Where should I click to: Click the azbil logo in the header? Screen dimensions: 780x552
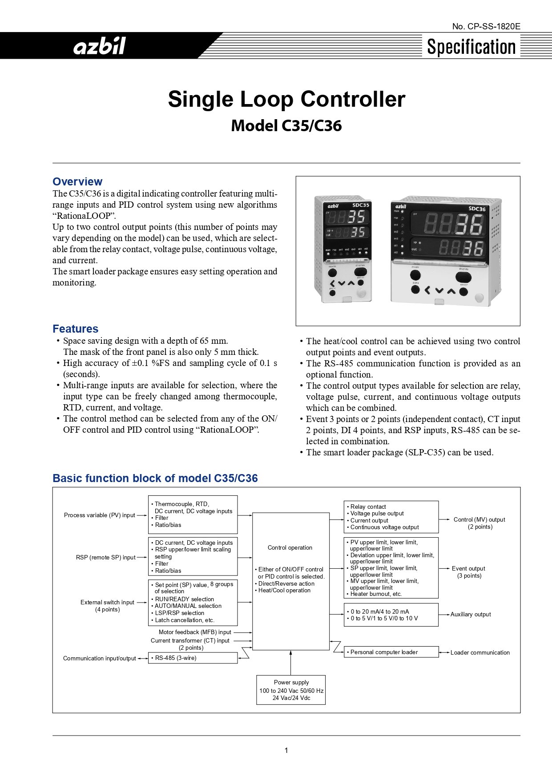pos(100,46)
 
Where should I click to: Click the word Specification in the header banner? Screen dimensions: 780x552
pos(471,47)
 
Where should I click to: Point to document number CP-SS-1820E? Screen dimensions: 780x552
pos(486,26)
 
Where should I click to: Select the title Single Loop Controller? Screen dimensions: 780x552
pos(286,99)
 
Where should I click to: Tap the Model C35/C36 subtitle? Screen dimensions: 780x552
pos(286,126)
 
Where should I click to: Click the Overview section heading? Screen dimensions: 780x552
pos(77,181)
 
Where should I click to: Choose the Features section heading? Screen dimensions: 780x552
pos(75,329)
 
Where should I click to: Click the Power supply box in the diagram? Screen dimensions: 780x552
pos(291,690)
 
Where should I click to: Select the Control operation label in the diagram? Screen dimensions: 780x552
pos(290,547)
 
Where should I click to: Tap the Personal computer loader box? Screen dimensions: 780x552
pos(391,652)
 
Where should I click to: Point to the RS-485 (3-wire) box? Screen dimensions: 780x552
pos(193,658)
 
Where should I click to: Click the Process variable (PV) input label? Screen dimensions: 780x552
pos(100,515)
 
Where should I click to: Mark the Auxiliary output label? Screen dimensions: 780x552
pos(471,614)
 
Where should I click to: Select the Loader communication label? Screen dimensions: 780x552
pos(480,652)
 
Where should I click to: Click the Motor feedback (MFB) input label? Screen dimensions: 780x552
pos(195,632)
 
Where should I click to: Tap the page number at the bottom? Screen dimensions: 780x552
pos(286,750)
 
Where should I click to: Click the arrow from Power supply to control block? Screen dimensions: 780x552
pos(291,663)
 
